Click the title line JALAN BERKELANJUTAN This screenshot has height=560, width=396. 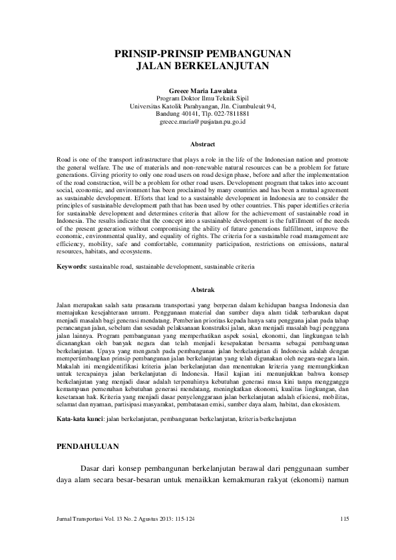(x=198, y=67)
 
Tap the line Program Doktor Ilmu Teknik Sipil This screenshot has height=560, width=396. (x=198, y=98)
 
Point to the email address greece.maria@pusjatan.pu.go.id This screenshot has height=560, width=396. (x=198, y=122)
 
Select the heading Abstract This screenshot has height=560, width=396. (x=198, y=144)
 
